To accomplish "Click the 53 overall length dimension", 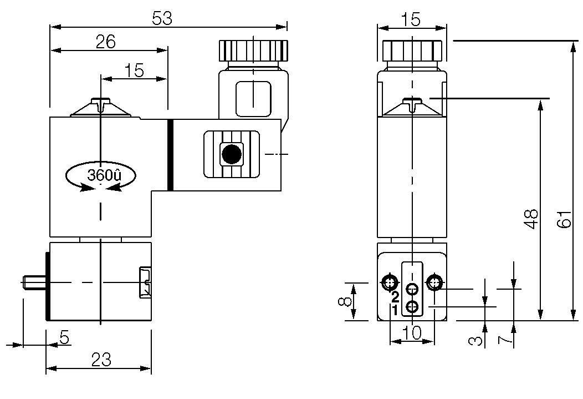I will [162, 18].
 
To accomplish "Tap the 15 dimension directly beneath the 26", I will [134, 70].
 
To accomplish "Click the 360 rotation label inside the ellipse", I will [103, 175].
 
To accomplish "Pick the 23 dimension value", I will [100, 360].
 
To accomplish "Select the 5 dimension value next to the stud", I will [64, 337].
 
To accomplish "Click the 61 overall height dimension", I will [564, 221].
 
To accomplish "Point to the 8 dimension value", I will [345, 301].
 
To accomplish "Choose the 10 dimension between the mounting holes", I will [412, 332].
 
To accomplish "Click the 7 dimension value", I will [504, 339].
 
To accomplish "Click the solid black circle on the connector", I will [231, 154].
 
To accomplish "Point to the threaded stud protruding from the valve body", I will [34, 282].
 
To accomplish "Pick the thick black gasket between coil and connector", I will [171, 154].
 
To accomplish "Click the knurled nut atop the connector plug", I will [254, 50].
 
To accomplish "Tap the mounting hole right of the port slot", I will [434, 283].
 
